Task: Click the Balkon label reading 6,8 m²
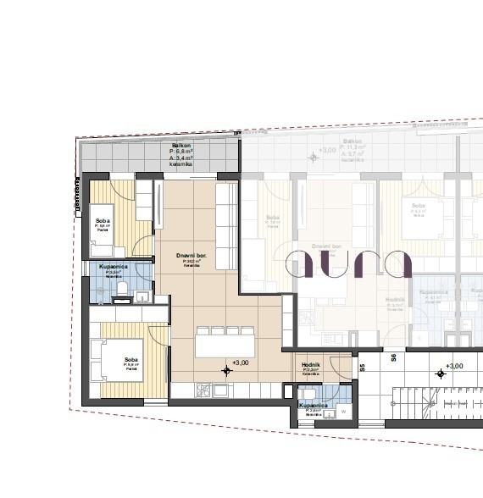click(180, 154)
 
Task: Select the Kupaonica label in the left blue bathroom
click(114, 268)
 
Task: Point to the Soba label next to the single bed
click(102, 222)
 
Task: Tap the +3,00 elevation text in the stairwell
click(454, 366)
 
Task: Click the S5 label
click(362, 368)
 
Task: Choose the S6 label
click(394, 358)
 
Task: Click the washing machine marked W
click(343, 411)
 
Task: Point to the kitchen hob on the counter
click(203, 390)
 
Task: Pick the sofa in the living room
click(226, 224)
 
